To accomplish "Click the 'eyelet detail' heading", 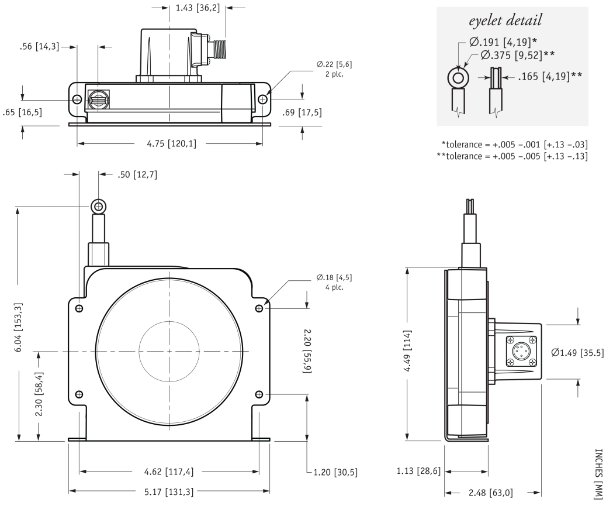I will click(x=512, y=22).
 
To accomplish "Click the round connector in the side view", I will click(x=519, y=352).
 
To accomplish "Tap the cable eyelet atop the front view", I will click(x=98, y=206).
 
